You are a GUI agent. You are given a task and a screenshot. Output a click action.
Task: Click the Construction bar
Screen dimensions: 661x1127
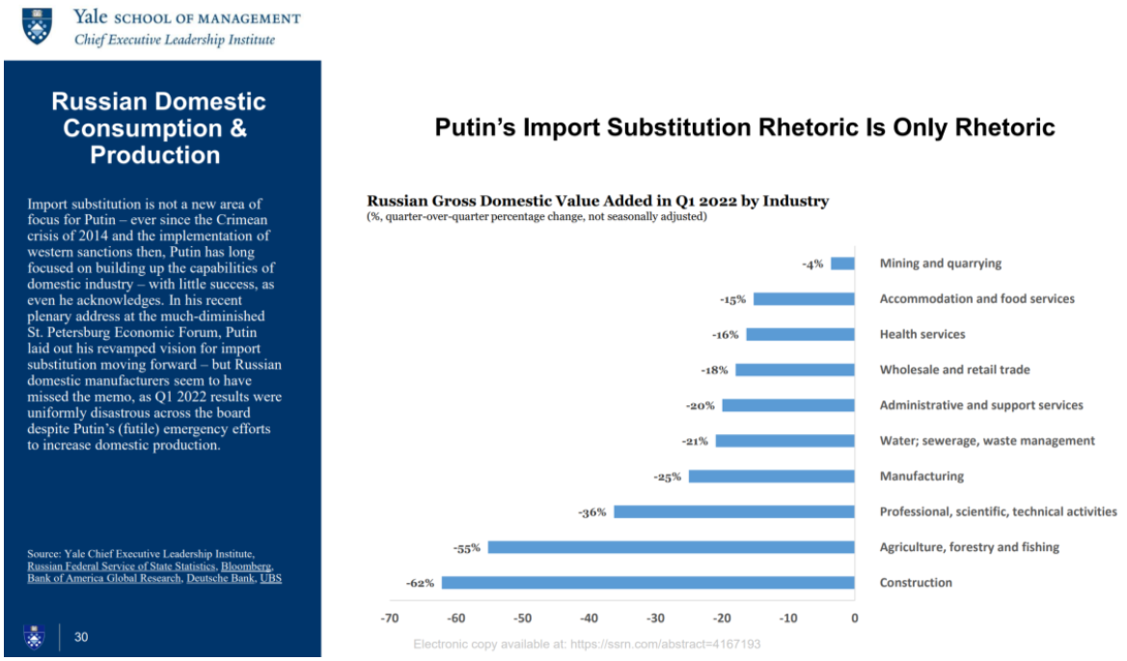[647, 583]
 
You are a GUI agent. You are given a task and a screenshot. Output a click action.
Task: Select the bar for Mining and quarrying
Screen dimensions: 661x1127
[842, 263]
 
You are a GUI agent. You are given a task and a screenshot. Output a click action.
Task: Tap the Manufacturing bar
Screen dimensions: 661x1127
[771, 477]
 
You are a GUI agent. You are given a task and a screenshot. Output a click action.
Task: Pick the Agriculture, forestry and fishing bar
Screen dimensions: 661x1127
[671, 547]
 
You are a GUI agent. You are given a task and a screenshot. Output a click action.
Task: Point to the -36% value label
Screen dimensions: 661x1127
[592, 512]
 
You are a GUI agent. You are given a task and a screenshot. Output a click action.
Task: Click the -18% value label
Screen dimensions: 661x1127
[713, 371]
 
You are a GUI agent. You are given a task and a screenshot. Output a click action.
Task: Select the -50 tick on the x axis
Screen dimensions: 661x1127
[522, 618]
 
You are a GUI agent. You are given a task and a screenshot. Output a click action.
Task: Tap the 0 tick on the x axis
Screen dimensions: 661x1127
[854, 618]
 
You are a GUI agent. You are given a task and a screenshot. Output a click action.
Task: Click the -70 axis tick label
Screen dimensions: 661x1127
[390, 618]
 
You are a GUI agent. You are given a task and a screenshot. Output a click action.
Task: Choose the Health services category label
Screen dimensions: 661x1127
[921, 335]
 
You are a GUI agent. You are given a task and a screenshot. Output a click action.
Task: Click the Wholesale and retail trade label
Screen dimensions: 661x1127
[954, 370]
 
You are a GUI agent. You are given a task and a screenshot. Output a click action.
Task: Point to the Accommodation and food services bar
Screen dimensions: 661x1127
[804, 299]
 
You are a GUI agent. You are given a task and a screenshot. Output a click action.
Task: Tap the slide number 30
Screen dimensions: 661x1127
[82, 637]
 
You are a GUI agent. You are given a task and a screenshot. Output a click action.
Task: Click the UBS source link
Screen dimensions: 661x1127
[271, 579]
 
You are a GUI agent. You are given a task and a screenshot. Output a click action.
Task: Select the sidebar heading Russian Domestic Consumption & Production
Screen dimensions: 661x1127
[158, 128]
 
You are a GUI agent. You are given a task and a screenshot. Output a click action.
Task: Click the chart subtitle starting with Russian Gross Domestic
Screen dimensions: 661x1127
[598, 202]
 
